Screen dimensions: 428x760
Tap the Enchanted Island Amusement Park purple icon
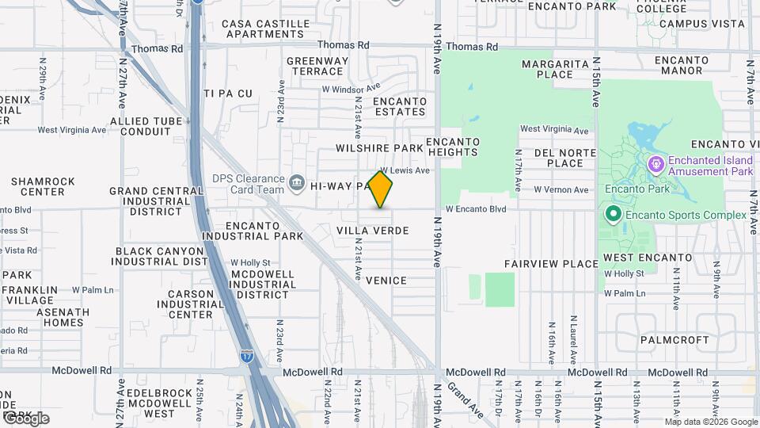(655, 165)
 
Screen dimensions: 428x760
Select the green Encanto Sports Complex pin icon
(613, 215)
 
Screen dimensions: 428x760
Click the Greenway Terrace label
(317, 66)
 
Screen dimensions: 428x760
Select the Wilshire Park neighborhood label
(380, 148)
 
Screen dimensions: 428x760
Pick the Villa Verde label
(373, 231)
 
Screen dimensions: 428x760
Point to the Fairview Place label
(552, 263)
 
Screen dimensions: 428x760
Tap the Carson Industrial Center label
(191, 304)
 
